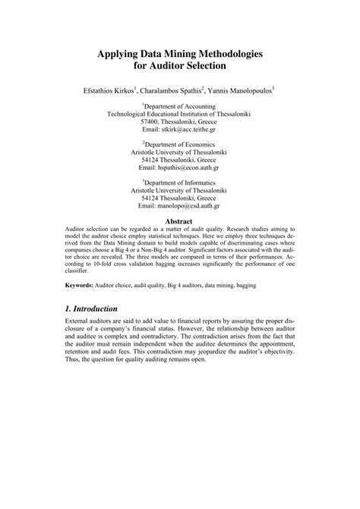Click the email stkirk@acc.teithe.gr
coord(188,130)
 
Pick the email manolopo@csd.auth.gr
coord(188,205)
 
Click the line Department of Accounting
coord(180,107)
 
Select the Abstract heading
coord(179,221)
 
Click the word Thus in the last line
coord(67,359)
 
